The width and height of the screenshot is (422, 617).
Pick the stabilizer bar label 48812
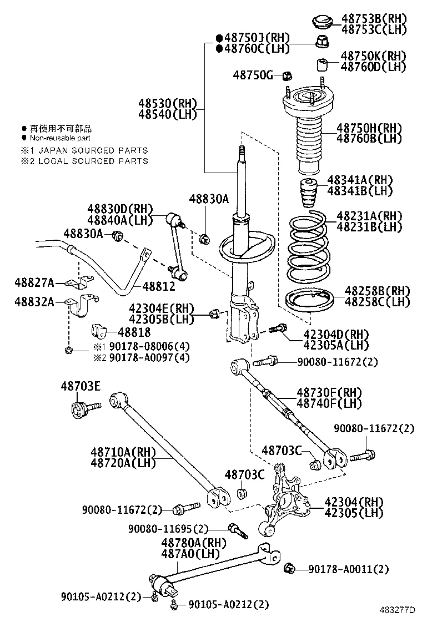pyautogui.click(x=158, y=286)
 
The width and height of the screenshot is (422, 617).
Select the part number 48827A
pyautogui.click(x=34, y=284)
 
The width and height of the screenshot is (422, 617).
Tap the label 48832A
pyautogui.click(x=34, y=302)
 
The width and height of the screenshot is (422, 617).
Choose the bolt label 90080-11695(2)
pyautogui.click(x=168, y=528)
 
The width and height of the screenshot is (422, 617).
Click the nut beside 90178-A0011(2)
pyautogui.click(x=288, y=568)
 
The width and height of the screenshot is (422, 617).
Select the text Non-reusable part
pyautogui.click(x=60, y=138)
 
